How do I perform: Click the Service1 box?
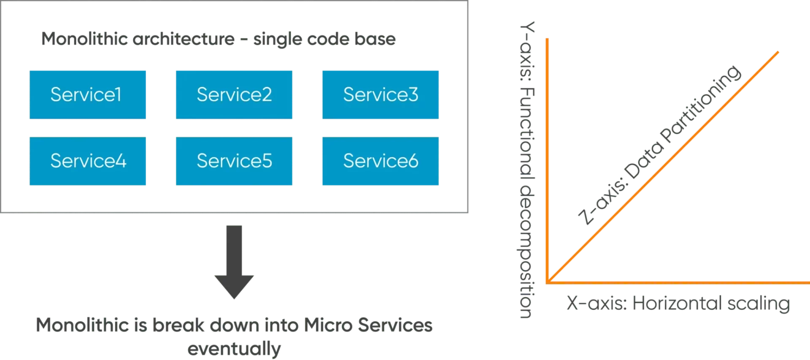pyautogui.click(x=87, y=95)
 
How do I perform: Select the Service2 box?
pyautogui.click(x=234, y=95)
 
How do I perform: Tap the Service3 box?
pyautogui.click(x=381, y=95)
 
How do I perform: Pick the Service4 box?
pyautogui.click(x=87, y=161)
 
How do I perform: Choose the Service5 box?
pyautogui.click(x=234, y=161)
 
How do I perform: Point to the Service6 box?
pyautogui.click(x=381, y=161)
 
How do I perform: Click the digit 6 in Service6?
pyautogui.click(x=413, y=161)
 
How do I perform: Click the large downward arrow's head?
pyautogui.click(x=234, y=285)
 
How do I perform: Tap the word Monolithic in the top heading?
pyautogui.click(x=84, y=39)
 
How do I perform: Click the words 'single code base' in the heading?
pyautogui.click(x=325, y=40)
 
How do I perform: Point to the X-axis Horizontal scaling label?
pyautogui.click(x=678, y=303)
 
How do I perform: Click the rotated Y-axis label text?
pyautogui.click(x=525, y=169)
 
